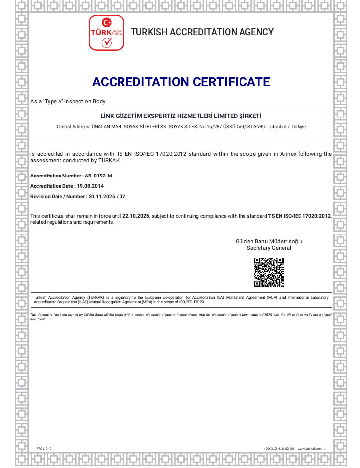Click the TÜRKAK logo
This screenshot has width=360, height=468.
click(x=106, y=33)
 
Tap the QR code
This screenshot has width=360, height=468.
click(x=269, y=272)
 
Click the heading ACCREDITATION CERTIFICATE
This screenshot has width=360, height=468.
click(x=181, y=82)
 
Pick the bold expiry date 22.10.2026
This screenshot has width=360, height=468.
click(x=135, y=216)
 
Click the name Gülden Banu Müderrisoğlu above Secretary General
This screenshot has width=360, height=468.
click(x=269, y=241)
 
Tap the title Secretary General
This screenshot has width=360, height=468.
click(x=269, y=248)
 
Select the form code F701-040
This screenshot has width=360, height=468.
click(x=44, y=448)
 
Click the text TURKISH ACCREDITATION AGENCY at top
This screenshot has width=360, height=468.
click(x=202, y=32)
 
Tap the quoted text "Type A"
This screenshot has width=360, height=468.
click(x=52, y=101)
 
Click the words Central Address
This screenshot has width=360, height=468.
click(x=73, y=127)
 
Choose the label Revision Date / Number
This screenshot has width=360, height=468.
click(x=58, y=196)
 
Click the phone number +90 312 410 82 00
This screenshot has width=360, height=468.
click(x=279, y=448)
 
